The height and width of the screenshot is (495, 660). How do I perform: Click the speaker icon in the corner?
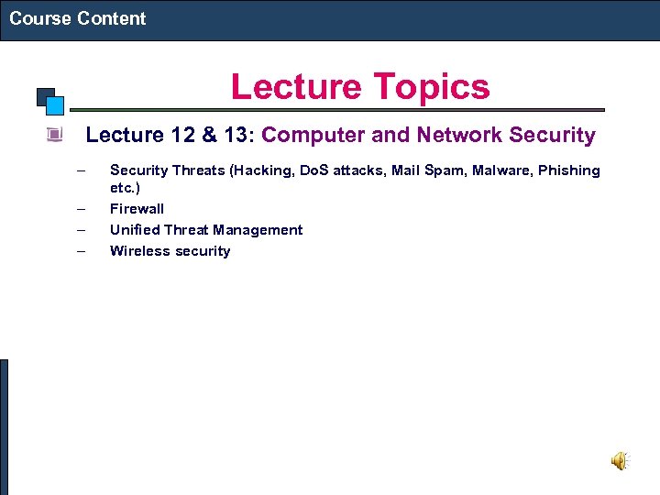621,460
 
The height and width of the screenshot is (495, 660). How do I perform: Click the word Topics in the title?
426,87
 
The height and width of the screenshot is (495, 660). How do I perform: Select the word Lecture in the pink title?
284,87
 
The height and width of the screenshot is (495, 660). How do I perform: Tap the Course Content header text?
78,18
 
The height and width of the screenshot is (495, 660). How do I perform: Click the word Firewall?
137,209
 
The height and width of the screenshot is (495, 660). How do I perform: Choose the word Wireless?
137,251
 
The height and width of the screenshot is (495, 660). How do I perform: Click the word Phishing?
569,170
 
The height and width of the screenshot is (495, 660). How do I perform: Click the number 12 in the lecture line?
181,136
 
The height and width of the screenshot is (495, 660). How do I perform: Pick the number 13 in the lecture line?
235,136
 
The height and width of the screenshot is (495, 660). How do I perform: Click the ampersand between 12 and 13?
208,136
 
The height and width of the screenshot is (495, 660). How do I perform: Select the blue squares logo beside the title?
51,100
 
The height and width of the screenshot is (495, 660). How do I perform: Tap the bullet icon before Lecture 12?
55,136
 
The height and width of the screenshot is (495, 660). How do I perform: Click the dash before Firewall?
82,209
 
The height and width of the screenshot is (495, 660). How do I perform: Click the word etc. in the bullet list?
125,188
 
